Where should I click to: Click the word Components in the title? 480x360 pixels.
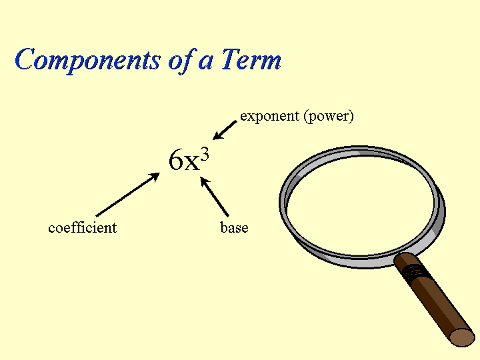pos(87,61)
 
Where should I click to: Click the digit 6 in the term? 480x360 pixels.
pos(176,160)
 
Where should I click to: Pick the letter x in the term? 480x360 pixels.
pos(191,163)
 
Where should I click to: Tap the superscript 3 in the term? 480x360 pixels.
pos(205,154)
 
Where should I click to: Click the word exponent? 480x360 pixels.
pos(269,117)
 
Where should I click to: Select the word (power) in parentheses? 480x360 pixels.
pos(329,117)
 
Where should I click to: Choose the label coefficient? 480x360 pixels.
pos(83,228)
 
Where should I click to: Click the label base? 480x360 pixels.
pos(234,228)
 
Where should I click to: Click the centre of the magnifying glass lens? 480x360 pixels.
pos(361,206)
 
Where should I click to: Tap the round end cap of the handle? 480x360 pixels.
pos(463,337)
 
